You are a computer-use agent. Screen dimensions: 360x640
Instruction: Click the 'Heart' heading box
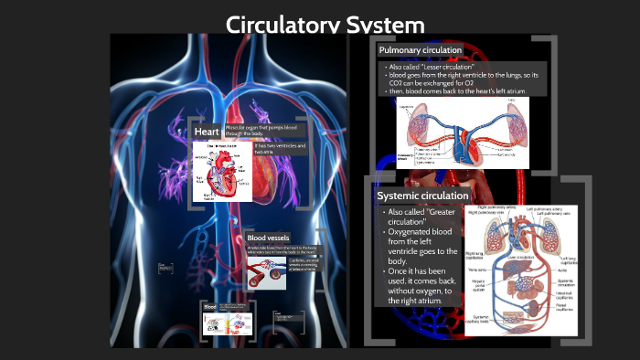pyautogui.click(x=206, y=132)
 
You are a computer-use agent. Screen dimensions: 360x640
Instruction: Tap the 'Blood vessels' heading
pyautogui.click(x=268, y=238)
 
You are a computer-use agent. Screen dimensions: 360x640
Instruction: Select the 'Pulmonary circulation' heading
pyautogui.click(x=421, y=50)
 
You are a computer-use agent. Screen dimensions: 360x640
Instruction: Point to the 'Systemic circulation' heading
pyautogui.click(x=422, y=196)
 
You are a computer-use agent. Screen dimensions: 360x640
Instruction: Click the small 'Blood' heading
pyautogui.click(x=209, y=307)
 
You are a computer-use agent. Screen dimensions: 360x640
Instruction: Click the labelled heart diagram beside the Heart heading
pyautogui.click(x=222, y=172)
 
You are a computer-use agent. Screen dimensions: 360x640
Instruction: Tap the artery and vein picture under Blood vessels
pyautogui.click(x=266, y=270)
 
